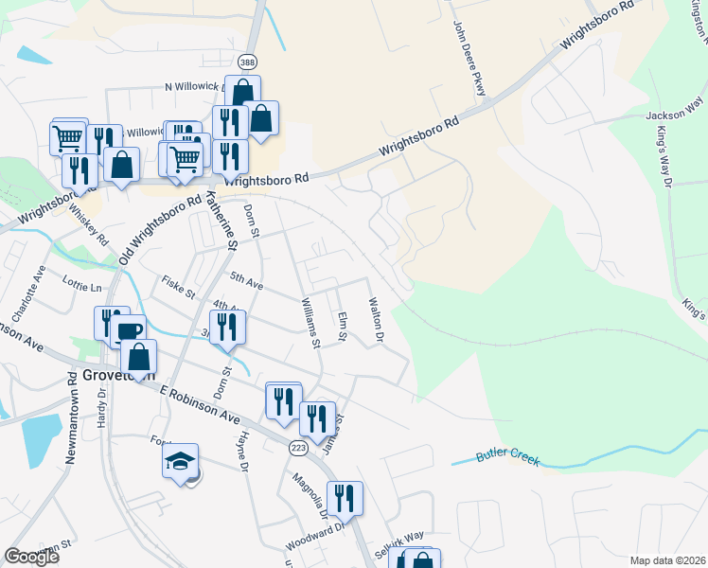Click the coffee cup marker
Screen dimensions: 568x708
[x=129, y=331]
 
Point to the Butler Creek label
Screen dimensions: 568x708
[x=508, y=457]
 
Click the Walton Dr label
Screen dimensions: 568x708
[x=376, y=320]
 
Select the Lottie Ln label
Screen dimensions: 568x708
[x=82, y=286]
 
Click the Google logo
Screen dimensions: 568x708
[x=31, y=557]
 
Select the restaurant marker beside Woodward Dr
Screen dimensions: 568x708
[x=345, y=497]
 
